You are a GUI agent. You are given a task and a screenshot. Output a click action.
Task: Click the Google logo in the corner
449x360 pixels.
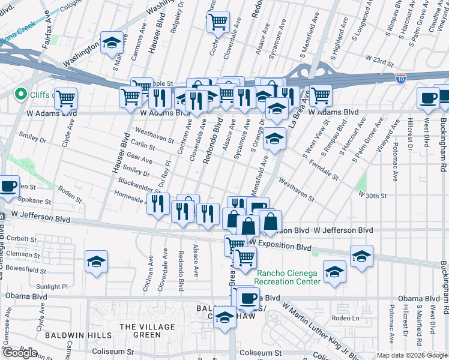coord(20,353)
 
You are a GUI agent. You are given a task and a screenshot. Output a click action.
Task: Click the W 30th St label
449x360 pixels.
coord(373,196)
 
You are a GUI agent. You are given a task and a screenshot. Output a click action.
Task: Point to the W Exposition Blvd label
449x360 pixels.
coord(280,247)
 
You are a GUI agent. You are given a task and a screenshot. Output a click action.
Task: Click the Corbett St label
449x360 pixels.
coord(25,239)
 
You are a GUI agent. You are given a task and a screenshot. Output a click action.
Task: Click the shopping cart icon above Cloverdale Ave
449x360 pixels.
coord(218,22)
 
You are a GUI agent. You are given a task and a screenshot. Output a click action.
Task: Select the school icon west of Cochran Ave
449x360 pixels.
coord(96,262)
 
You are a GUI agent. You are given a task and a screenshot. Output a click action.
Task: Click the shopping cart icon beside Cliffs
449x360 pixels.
coord(65,97)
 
